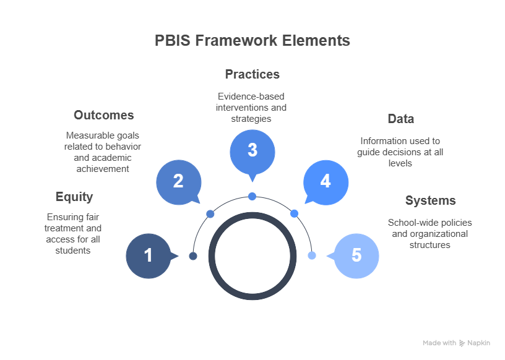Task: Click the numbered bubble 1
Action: click(149, 256)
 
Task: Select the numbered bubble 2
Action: click(179, 182)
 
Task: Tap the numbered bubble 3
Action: click(252, 152)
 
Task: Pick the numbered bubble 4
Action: click(326, 182)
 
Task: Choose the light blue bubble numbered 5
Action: click(356, 256)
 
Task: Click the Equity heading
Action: click(74, 197)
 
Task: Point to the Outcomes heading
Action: click(104, 115)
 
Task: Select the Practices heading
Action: click(252, 74)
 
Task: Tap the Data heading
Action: click(400, 119)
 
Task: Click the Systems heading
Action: click(430, 200)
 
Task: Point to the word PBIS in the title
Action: click(173, 41)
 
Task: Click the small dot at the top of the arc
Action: click(252, 196)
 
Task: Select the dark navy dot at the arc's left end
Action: click(193, 256)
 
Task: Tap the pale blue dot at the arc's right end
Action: click(312, 255)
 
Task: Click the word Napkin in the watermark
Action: click(478, 343)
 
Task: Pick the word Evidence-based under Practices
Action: click(251, 96)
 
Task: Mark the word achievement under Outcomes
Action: click(103, 169)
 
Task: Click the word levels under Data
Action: click(400, 163)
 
